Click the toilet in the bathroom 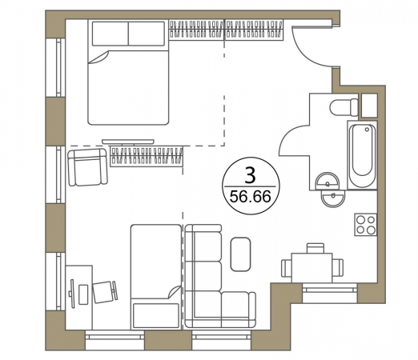click(x=344, y=107)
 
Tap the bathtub click(x=362, y=155)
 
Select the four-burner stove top click(x=366, y=224)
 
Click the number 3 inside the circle click(x=250, y=175)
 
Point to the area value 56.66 click(x=251, y=198)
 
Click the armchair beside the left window click(x=87, y=167)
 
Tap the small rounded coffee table click(x=240, y=254)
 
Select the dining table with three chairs click(x=312, y=267)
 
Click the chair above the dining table click(x=316, y=248)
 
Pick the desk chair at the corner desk click(x=105, y=292)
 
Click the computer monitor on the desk click(x=72, y=294)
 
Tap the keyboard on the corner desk click(x=83, y=294)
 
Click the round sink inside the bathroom click(x=328, y=182)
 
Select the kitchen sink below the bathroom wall click(x=333, y=198)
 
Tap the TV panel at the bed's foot click(x=128, y=142)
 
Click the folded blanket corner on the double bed click(x=99, y=58)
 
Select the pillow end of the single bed click(x=156, y=315)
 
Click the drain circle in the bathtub click(x=368, y=130)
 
